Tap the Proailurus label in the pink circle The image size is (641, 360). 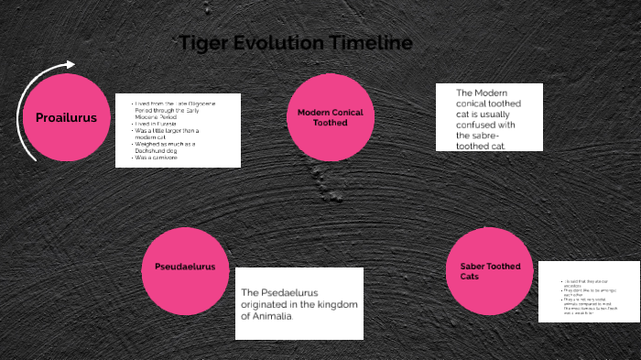point(66,117)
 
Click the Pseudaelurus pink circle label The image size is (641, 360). point(185,267)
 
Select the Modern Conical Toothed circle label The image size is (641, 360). point(330,116)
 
